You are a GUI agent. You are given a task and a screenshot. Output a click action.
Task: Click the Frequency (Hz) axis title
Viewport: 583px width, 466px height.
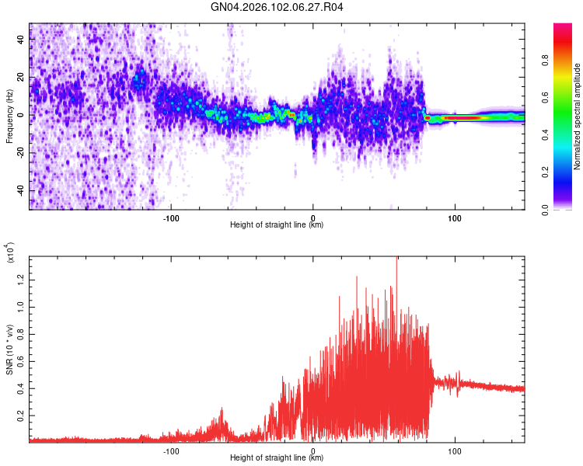[x=9, y=116]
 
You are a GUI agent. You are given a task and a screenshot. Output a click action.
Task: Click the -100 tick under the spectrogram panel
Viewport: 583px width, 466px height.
[x=171, y=218]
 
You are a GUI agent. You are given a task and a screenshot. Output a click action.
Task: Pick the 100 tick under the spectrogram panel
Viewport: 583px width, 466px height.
[x=455, y=218]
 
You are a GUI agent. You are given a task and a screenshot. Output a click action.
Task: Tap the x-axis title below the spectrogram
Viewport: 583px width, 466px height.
[x=277, y=225]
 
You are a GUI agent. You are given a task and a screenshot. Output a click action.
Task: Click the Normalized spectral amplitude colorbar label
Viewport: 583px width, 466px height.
[x=578, y=116]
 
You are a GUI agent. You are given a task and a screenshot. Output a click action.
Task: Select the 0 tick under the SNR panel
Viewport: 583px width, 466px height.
[x=313, y=450]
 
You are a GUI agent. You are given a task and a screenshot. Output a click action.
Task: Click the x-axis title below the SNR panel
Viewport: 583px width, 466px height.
[x=277, y=458]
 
